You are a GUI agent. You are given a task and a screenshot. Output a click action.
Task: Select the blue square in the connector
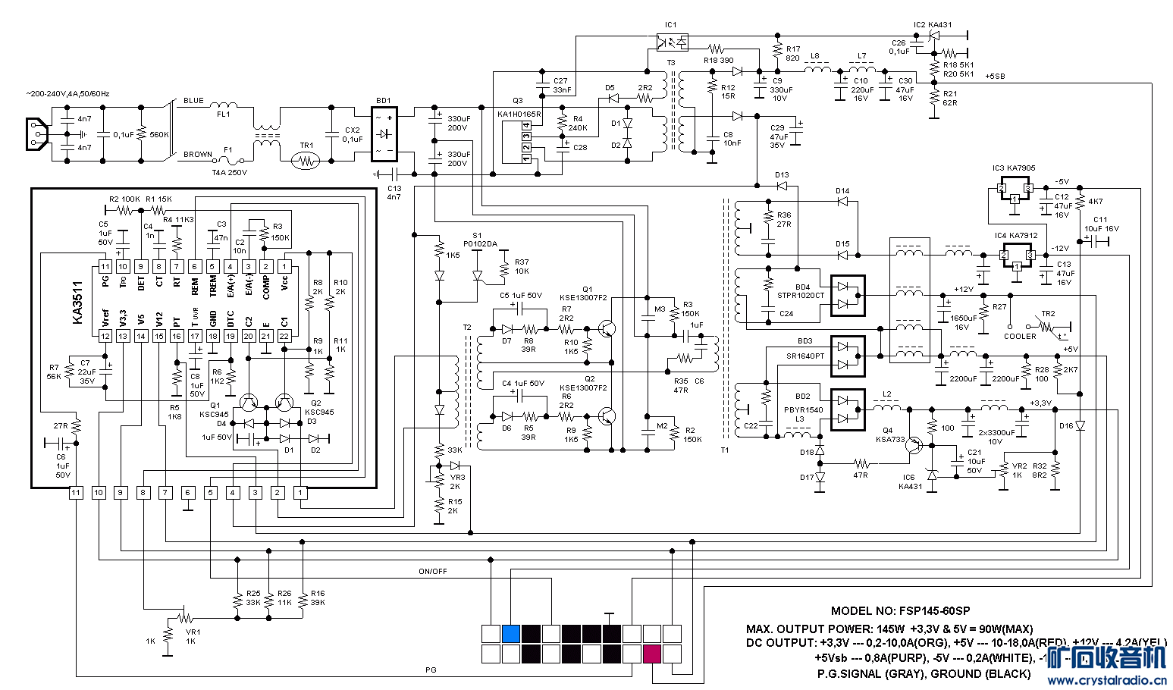(x=511, y=633)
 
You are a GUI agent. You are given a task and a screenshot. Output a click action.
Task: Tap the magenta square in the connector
(x=652, y=654)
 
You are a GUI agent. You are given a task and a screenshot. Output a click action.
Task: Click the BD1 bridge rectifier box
(x=384, y=136)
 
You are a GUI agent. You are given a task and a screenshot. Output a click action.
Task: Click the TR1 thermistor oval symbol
(x=306, y=161)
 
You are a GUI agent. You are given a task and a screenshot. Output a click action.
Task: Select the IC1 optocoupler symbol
(x=672, y=42)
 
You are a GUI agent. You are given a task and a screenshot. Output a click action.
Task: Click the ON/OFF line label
(x=433, y=571)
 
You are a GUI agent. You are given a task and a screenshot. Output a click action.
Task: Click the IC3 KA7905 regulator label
(x=1014, y=168)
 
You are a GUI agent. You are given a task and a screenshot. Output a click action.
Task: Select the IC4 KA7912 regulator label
(x=1016, y=236)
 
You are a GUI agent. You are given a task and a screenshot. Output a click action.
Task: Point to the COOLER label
(x=1020, y=336)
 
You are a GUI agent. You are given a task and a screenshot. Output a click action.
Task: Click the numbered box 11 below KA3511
(x=76, y=493)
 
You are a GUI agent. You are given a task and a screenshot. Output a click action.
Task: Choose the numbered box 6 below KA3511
(x=188, y=493)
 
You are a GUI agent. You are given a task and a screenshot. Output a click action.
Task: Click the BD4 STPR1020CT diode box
(x=848, y=295)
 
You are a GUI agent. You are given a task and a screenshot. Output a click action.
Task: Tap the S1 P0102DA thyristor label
(x=477, y=240)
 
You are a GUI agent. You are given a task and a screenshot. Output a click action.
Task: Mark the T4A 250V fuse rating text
(x=229, y=172)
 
